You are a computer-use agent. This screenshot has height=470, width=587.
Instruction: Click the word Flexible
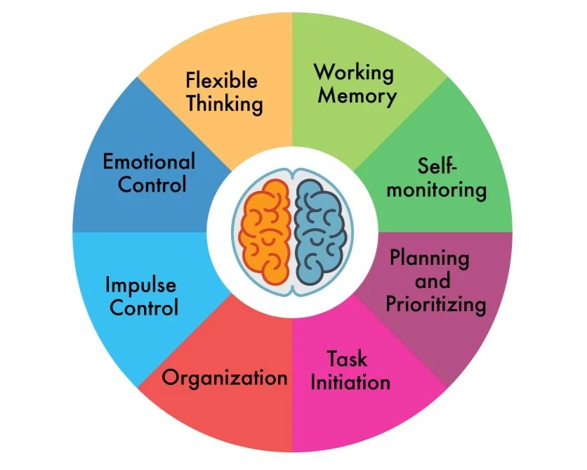221,80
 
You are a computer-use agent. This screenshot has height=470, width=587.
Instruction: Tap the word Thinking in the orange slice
225,104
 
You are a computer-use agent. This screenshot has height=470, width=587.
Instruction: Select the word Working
353,72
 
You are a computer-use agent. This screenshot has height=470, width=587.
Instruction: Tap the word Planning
429,257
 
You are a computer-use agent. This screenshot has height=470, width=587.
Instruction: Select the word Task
347,358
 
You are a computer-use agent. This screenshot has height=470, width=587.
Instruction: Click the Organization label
225,377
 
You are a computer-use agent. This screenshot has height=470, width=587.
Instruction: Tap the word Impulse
140,285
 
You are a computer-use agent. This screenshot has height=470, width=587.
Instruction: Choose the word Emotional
149,162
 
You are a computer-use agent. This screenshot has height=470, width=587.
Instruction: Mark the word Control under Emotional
152,185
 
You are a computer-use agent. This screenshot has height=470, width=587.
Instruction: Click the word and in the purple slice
433,281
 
